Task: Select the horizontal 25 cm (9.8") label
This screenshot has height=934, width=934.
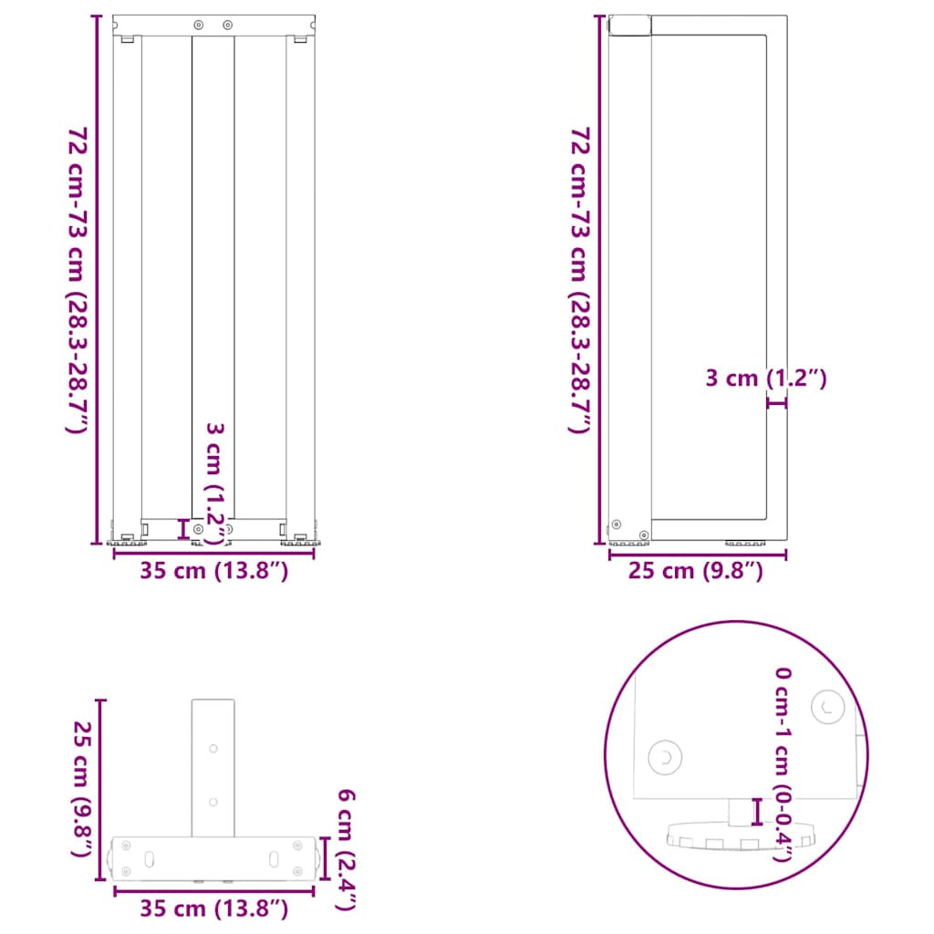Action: tap(695, 572)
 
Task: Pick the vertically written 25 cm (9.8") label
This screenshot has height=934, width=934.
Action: tap(81, 790)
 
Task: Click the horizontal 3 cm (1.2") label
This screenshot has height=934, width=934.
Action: tap(766, 378)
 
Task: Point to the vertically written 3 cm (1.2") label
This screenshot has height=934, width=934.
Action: tap(214, 483)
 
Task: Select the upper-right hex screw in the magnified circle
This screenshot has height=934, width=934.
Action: tap(828, 706)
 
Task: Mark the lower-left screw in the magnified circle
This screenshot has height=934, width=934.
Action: tap(665, 757)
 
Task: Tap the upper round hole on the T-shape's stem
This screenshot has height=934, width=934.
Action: tap(213, 749)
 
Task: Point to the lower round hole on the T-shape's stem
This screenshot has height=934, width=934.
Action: tap(213, 802)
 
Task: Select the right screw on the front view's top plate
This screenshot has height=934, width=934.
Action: tap(228, 24)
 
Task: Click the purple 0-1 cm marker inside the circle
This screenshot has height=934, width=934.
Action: tap(756, 810)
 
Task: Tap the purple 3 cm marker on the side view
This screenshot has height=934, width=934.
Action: tap(776, 402)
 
